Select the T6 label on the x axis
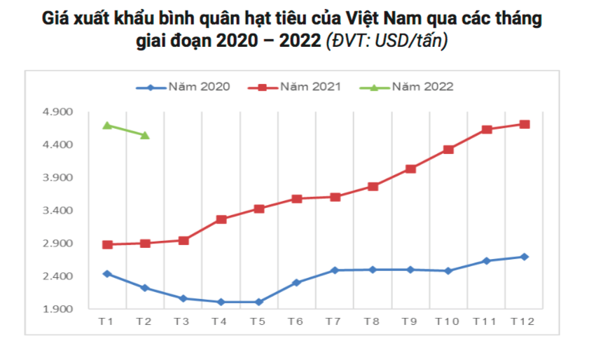(296, 321)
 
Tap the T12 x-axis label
(522, 321)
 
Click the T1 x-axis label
(106, 321)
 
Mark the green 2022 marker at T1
(107, 125)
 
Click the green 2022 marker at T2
(145, 135)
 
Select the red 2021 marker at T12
(524, 124)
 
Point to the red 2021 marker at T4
(221, 219)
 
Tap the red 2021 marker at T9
(410, 169)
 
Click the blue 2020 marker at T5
(259, 302)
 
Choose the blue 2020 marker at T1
(107, 274)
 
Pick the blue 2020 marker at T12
(524, 257)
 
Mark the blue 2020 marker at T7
(335, 270)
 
